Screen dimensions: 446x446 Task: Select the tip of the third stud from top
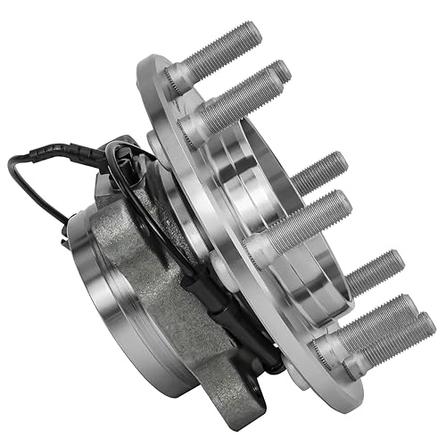point(339,161)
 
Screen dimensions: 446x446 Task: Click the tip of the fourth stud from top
point(344,202)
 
